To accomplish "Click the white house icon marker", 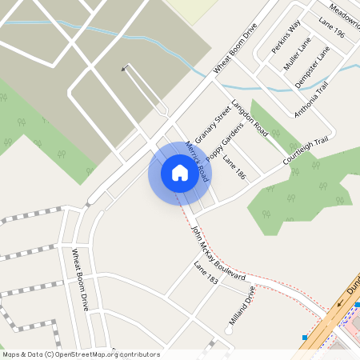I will click(x=179, y=172).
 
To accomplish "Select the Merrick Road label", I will click(x=197, y=161).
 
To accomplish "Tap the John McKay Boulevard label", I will click(x=218, y=253).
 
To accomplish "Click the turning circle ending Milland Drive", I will click(x=230, y=330).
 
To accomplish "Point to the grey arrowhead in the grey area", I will click(x=124, y=69).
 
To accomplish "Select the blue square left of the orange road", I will click(x=304, y=338).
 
